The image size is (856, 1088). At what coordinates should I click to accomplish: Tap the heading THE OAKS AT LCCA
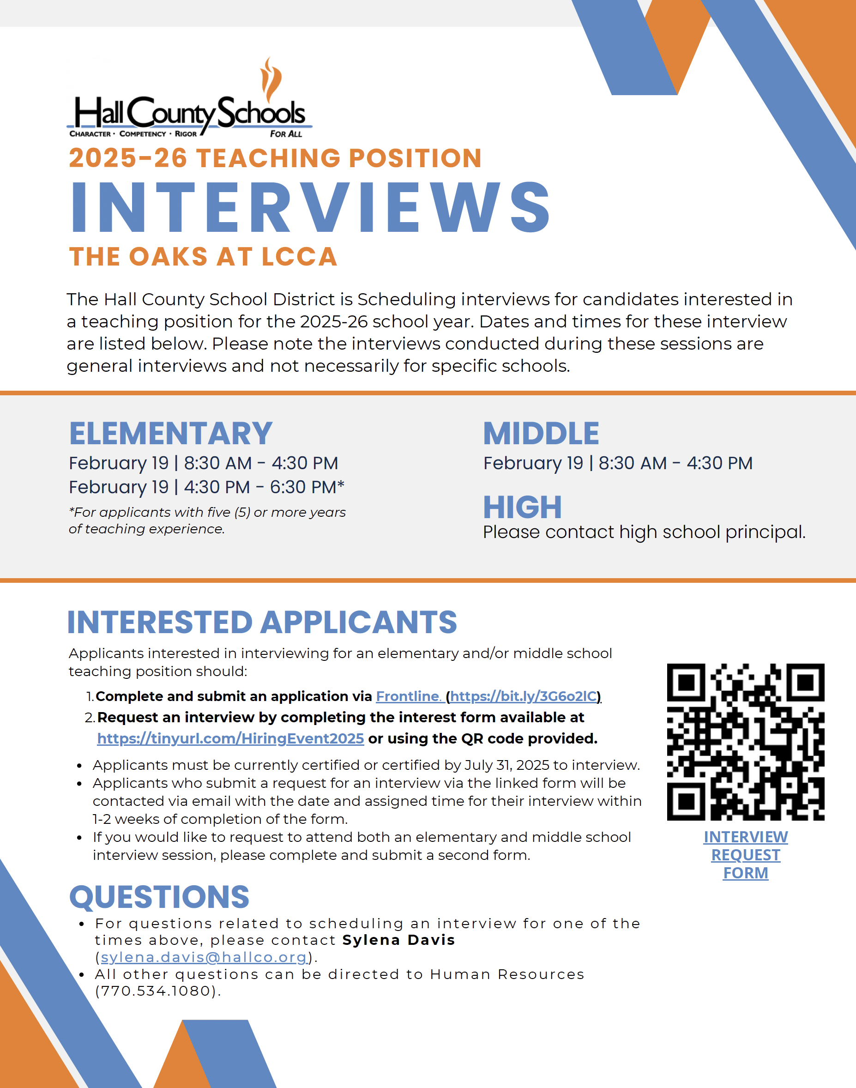coord(203,257)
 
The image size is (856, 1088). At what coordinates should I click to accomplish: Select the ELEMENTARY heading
coord(170,434)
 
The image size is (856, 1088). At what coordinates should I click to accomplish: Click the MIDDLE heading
coord(541,434)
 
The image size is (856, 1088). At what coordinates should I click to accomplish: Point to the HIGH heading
coord(522,507)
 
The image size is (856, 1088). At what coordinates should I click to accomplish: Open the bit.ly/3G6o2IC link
coord(523,696)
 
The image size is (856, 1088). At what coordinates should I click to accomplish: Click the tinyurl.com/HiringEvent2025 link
coord(230,738)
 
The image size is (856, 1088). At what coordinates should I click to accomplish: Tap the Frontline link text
coord(408,696)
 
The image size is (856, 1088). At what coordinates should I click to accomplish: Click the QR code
coord(745,742)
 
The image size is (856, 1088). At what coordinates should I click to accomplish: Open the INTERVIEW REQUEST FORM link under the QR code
coord(745,854)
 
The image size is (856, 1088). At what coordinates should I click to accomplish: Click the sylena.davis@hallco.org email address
coord(204,957)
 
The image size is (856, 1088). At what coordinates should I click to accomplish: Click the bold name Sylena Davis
coord(398,940)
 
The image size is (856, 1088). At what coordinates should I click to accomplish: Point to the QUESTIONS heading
coord(159,897)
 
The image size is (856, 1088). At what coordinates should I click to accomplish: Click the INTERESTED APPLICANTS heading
coord(262,623)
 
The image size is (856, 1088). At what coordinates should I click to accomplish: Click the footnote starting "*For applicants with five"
coord(207,520)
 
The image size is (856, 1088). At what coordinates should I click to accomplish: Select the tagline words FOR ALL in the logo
coord(286,134)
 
